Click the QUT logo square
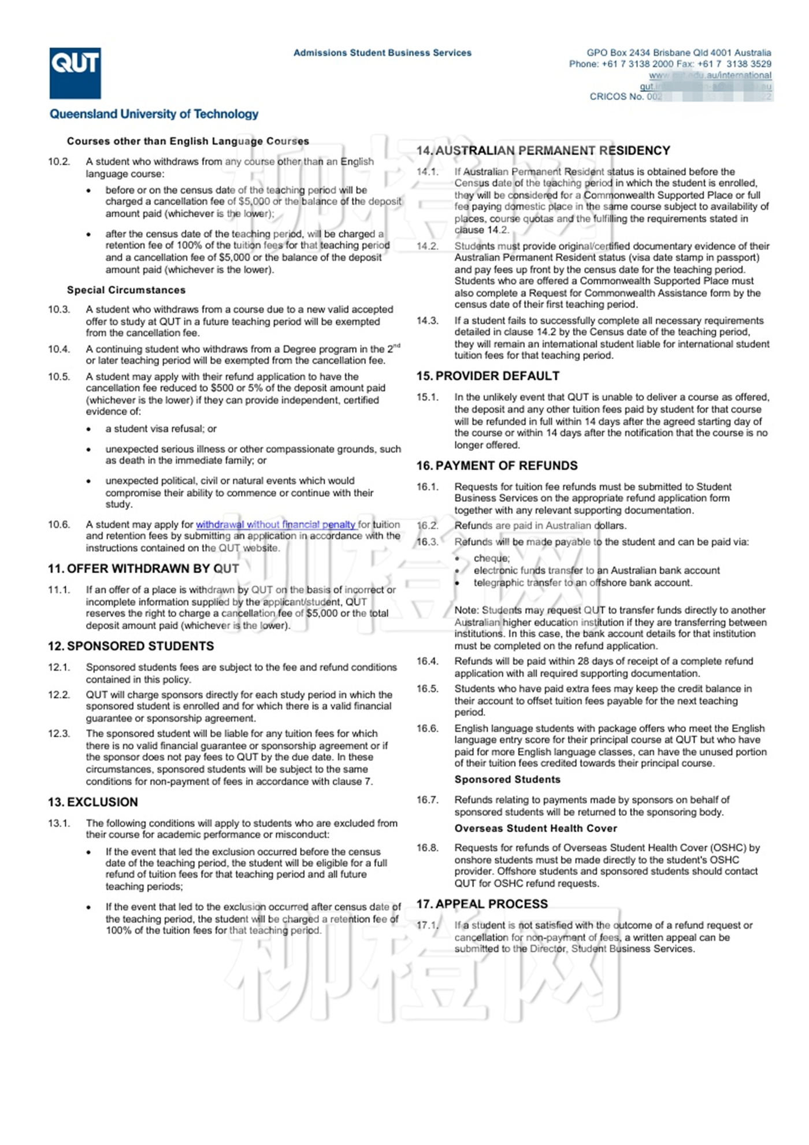pos(75,73)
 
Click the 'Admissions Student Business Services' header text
pos(382,53)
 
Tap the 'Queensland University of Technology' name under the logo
pos(154,114)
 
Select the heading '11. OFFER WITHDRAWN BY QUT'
pos(143,568)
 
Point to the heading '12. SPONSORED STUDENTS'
pos(131,646)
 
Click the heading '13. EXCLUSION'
pos(93,802)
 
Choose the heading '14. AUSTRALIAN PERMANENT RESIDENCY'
pos(543,150)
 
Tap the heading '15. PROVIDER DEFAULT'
pos(488,376)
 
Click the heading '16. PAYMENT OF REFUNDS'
pos(497,466)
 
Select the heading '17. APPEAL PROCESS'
pos(482,904)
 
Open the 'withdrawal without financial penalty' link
pos(275,525)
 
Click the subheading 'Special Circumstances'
pos(126,290)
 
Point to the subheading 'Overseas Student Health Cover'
pos(536,828)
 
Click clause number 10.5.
pos(59,376)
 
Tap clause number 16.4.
pos(428,661)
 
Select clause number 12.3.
pos(59,733)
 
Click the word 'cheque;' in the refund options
pos(492,558)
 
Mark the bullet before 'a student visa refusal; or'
pos(88,429)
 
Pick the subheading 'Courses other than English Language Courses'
pos(188,141)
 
